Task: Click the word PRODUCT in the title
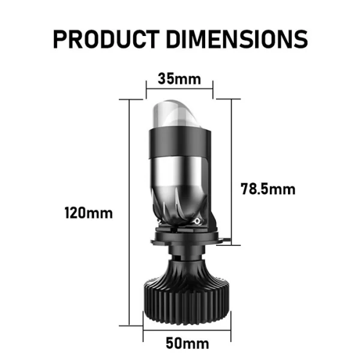(x=106, y=39)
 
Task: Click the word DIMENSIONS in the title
(x=237, y=39)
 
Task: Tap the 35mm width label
(x=179, y=79)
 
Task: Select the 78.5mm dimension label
(x=268, y=189)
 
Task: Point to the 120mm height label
(x=89, y=213)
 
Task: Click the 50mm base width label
(x=187, y=343)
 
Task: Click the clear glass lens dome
(x=175, y=114)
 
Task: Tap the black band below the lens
(x=179, y=143)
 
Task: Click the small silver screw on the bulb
(x=197, y=221)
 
